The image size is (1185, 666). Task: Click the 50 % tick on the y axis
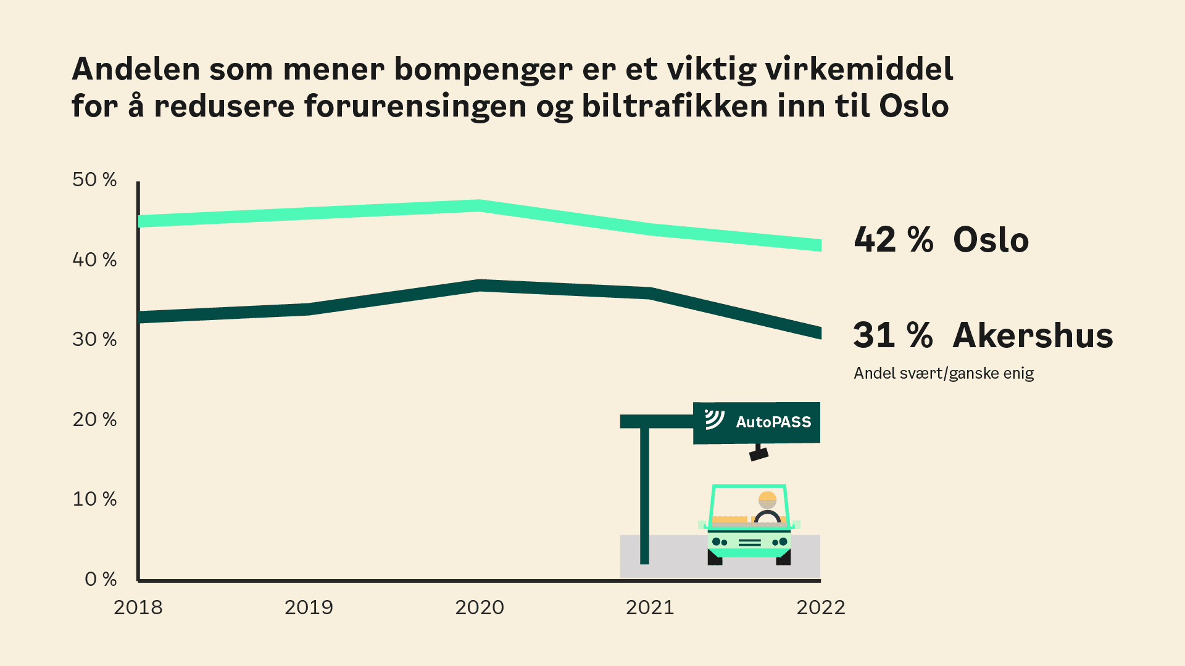pyautogui.click(x=94, y=180)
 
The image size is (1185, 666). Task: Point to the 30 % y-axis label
pyautogui.click(x=94, y=340)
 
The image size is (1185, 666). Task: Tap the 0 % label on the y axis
pyautogui.click(x=101, y=580)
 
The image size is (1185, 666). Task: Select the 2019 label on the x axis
pyautogui.click(x=309, y=608)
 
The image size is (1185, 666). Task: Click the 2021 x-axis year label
pyautogui.click(x=650, y=608)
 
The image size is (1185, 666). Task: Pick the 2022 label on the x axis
pyautogui.click(x=820, y=608)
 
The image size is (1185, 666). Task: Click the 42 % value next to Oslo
pyautogui.click(x=893, y=240)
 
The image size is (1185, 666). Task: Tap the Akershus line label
pyautogui.click(x=1033, y=335)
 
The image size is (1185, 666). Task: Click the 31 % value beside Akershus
pyautogui.click(x=892, y=335)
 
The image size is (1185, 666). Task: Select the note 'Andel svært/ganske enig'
pyautogui.click(x=944, y=374)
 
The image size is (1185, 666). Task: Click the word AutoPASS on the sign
pyautogui.click(x=773, y=422)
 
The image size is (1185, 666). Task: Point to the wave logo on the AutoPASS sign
pyautogui.click(x=714, y=419)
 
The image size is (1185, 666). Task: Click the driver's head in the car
pyautogui.click(x=767, y=499)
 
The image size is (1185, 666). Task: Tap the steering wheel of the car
pyautogui.click(x=767, y=517)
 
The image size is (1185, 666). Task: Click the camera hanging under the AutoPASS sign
pyautogui.click(x=759, y=454)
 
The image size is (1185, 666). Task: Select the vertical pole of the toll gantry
pyautogui.click(x=644, y=493)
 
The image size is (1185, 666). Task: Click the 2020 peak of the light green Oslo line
pyautogui.click(x=480, y=206)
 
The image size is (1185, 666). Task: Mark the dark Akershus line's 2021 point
pyautogui.click(x=650, y=294)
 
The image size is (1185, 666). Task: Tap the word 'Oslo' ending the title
pyautogui.click(x=913, y=106)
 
